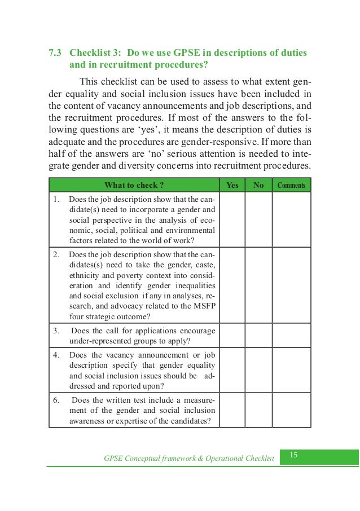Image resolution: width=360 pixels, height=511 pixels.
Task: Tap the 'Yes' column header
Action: [x=232, y=185]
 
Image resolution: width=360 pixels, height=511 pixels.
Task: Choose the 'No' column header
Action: [x=258, y=185]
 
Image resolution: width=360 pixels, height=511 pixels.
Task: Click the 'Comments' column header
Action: [x=291, y=185]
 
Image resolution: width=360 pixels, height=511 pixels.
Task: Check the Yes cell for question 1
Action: [x=232, y=220]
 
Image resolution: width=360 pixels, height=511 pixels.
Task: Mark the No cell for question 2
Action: [x=258, y=285]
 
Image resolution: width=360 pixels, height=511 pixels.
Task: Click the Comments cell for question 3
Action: [x=291, y=336]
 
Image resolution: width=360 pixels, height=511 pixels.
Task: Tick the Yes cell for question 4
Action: [x=232, y=371]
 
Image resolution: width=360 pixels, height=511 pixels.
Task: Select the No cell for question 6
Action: [x=258, y=411]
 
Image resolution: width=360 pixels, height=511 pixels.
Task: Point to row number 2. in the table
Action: [x=56, y=254]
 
